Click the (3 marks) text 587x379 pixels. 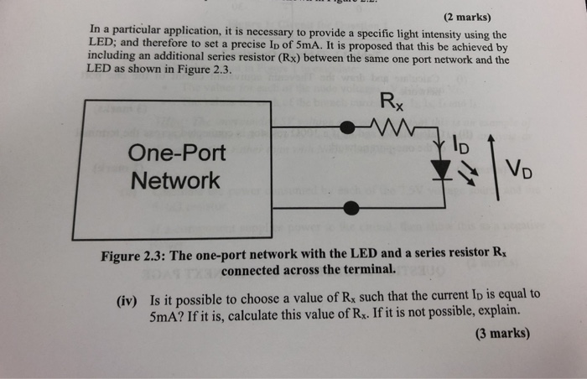(x=501, y=333)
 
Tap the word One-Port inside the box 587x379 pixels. (x=177, y=153)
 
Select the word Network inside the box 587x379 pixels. (x=176, y=180)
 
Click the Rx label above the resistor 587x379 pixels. (x=391, y=103)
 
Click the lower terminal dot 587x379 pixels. (x=351, y=207)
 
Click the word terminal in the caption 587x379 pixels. (x=366, y=269)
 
